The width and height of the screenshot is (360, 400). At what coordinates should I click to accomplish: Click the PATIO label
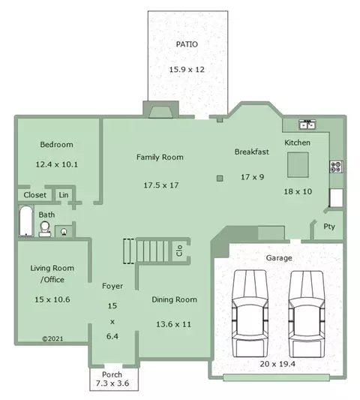pos(187,44)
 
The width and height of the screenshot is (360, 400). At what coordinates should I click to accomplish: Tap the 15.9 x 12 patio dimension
pos(187,69)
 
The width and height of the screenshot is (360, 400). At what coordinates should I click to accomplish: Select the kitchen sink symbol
pos(307,125)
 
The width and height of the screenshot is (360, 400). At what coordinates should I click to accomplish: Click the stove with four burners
pos(336,167)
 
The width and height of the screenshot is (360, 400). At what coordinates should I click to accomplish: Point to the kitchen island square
pos(298,165)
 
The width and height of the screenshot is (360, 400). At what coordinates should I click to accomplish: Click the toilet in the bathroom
pos(45,229)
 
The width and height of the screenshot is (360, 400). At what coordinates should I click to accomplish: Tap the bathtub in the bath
pos(26,221)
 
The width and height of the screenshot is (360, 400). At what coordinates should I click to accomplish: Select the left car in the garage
pos(250,314)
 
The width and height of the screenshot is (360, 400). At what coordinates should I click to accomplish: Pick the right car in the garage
pos(307,314)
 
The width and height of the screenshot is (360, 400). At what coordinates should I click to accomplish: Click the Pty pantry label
pos(329,227)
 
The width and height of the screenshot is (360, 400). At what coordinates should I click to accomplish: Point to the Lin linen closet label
pos(64,195)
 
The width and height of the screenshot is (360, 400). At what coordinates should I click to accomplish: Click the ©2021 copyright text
pos(52,338)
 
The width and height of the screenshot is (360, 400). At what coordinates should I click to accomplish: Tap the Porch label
pos(112,374)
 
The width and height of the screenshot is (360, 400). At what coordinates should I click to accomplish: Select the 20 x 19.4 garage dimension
pos(277,364)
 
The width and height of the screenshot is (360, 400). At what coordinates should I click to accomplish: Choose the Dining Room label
pos(175,299)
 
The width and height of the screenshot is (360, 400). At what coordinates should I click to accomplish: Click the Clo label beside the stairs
pos(179,251)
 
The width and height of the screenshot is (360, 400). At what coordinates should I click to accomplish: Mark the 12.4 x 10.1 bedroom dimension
pos(56,164)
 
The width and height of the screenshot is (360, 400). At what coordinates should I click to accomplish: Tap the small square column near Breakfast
pos(220,179)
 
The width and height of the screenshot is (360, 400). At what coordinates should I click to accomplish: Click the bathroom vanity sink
pos(64,232)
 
